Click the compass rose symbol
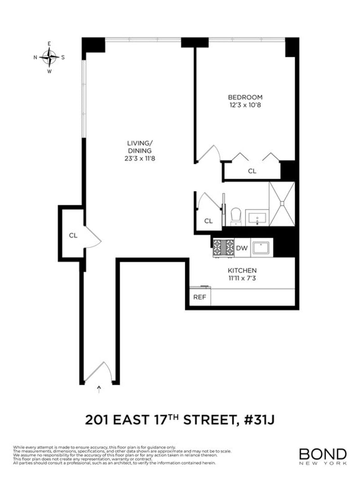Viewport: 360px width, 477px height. click(49, 57)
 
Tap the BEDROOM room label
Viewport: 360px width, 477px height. click(245, 97)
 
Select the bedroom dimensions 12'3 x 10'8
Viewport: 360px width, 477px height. click(245, 105)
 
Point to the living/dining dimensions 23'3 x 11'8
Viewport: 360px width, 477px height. click(139, 159)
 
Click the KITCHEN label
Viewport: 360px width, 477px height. click(242, 270)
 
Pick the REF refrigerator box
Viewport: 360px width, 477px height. click(199, 297)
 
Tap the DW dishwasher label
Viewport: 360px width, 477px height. click(242, 248)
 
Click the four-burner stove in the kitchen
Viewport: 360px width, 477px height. click(223, 247)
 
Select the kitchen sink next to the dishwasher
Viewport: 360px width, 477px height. click(261, 247)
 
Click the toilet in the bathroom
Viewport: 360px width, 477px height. click(236, 217)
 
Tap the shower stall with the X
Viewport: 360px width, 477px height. click(282, 204)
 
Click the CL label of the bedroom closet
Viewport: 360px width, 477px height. click(252, 171)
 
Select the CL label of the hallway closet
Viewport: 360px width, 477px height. click(73, 235)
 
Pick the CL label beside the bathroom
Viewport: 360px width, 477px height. click(208, 221)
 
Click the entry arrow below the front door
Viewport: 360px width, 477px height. click(99, 388)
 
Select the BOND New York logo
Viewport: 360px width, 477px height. click(323, 456)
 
